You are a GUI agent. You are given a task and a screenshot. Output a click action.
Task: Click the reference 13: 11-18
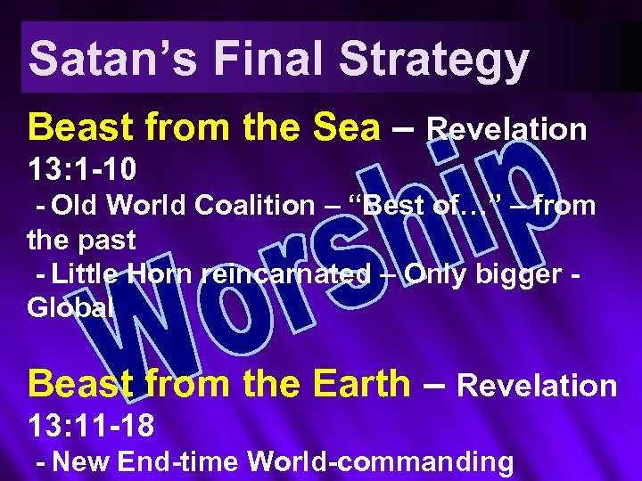pos(91,425)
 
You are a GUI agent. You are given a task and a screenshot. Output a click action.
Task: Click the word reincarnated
pos(285,275)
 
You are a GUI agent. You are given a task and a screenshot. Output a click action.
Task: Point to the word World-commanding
pos(380,461)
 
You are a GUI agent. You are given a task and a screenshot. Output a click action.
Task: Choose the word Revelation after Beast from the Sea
pos(506,130)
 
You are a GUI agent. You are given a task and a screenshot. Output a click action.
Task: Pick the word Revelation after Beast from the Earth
pos(536,386)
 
